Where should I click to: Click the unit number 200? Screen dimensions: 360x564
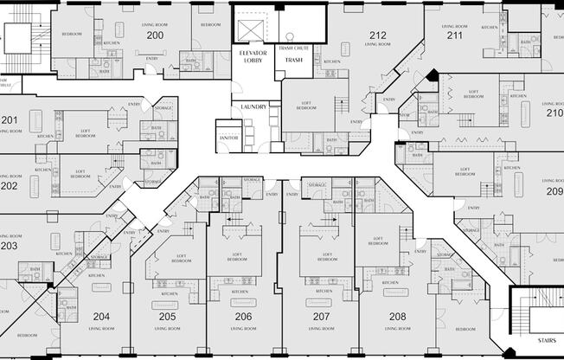[154, 35]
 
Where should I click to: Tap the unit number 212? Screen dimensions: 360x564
[377, 35]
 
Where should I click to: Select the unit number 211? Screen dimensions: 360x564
[454, 35]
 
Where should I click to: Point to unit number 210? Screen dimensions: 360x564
[554, 112]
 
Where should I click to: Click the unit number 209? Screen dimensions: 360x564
[554, 191]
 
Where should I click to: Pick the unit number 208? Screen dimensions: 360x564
[397, 317]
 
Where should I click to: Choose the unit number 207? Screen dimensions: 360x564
[321, 317]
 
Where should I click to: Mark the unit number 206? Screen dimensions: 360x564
[243, 317]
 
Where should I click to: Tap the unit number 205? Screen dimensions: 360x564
[167, 317]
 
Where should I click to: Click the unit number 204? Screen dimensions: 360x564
[101, 317]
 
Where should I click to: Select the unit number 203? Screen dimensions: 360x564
[9, 246]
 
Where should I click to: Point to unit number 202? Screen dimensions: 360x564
[9, 185]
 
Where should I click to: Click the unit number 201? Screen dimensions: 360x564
[9, 119]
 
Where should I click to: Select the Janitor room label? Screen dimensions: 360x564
[228, 137]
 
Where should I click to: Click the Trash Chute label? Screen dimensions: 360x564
[294, 48]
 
